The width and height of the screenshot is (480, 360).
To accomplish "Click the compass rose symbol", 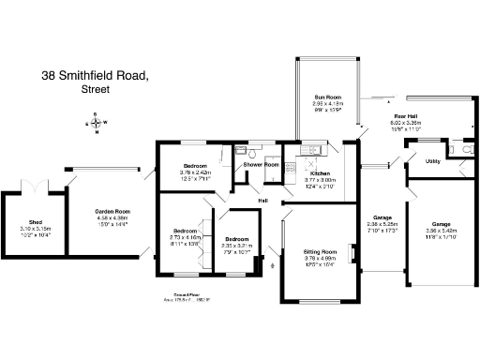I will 97,122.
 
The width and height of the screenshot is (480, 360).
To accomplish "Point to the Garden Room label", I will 111,211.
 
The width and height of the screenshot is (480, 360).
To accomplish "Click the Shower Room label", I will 262,165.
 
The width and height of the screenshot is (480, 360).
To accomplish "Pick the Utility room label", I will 433,161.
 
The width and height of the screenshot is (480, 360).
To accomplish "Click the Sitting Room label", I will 322,252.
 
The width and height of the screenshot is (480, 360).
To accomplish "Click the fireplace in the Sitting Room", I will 352,253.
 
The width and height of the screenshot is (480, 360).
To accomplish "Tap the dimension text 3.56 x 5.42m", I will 441,230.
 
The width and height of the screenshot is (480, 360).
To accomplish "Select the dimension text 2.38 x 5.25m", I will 382,225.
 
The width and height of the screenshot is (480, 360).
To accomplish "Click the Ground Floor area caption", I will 184,299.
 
